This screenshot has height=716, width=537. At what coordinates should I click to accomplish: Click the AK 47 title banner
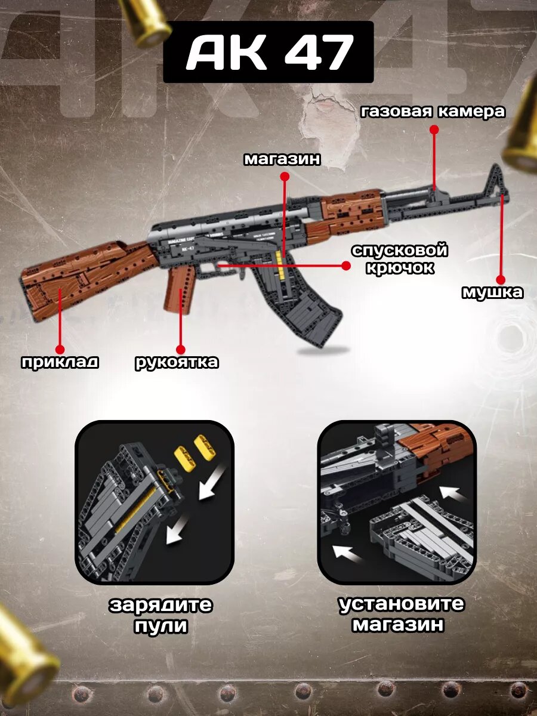tap(268, 52)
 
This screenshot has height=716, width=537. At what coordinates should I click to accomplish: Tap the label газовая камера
tap(433, 112)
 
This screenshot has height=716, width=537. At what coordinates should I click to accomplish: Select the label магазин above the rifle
tap(282, 159)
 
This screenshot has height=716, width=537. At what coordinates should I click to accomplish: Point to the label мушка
tap(493, 292)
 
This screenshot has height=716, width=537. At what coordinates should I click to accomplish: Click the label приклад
tap(60, 362)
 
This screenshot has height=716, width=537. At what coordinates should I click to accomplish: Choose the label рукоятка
tap(177, 362)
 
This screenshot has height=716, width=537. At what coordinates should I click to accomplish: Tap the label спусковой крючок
tap(399, 258)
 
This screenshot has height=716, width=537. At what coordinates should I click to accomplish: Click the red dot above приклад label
tap(60, 349)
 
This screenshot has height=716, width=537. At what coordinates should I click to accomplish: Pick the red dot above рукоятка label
tap(181, 350)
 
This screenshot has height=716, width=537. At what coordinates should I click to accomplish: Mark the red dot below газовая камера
tap(434, 128)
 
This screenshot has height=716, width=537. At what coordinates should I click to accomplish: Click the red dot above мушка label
tap(501, 279)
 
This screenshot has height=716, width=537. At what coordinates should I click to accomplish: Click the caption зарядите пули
tap(161, 615)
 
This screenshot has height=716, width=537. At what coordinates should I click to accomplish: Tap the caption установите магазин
tap(401, 613)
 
